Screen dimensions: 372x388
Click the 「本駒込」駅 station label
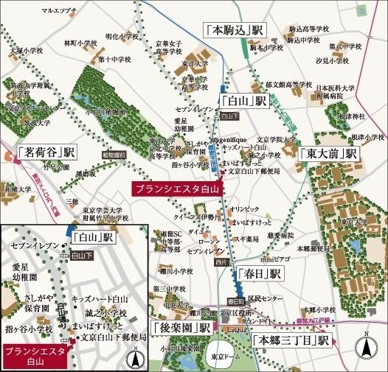point(235,32)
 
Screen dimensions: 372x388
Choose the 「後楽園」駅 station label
point(181,327)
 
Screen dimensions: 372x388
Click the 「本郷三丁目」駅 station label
point(290,340)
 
